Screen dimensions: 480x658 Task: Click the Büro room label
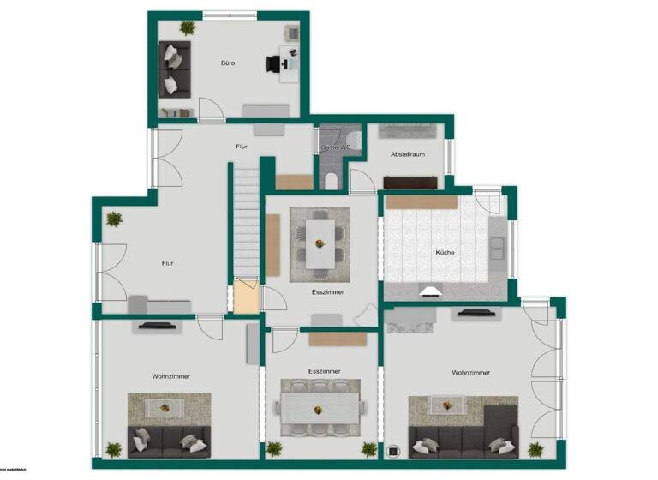tap(228, 63)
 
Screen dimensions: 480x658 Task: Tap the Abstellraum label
tap(407, 154)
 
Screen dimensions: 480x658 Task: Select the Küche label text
tap(445, 252)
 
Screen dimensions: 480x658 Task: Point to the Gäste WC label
tap(335, 147)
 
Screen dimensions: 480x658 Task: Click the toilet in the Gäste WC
tap(332, 179)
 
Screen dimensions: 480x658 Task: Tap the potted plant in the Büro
tap(188, 27)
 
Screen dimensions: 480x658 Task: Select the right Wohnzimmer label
tap(471, 372)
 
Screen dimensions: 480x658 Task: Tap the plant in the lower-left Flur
tap(114, 219)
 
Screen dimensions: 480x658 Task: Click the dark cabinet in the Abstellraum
tap(410, 182)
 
